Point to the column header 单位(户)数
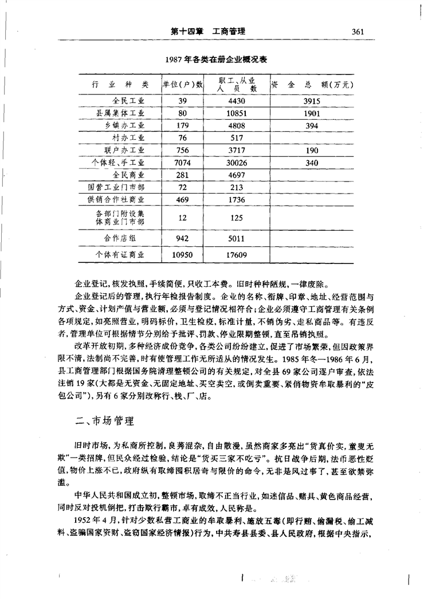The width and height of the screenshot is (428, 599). [x=183, y=85]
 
